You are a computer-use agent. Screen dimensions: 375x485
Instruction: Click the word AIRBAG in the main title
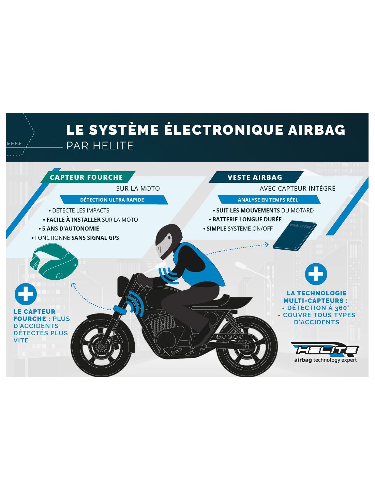tap(317, 130)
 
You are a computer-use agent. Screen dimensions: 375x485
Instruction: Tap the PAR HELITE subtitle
tap(100, 146)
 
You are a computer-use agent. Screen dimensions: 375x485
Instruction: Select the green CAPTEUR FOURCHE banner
tap(88, 177)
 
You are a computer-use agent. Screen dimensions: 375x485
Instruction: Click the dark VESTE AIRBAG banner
tap(256, 177)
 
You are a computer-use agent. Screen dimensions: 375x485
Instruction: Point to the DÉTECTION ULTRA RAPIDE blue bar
tap(114, 200)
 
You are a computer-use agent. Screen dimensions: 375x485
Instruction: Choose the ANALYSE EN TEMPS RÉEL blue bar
tap(269, 200)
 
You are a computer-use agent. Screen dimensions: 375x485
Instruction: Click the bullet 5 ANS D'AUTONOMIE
tap(69, 229)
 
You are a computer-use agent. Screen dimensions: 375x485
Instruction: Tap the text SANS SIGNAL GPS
tap(95, 238)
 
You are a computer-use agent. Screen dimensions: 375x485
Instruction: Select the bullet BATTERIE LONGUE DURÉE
tap(245, 219)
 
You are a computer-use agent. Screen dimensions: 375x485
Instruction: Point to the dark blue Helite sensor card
tap(295, 235)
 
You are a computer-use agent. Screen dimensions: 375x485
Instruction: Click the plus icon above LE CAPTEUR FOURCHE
tap(26, 294)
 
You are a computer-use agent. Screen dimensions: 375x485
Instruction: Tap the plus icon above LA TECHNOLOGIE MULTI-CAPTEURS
tap(316, 274)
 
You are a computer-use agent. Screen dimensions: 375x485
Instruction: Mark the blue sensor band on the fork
tap(119, 309)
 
